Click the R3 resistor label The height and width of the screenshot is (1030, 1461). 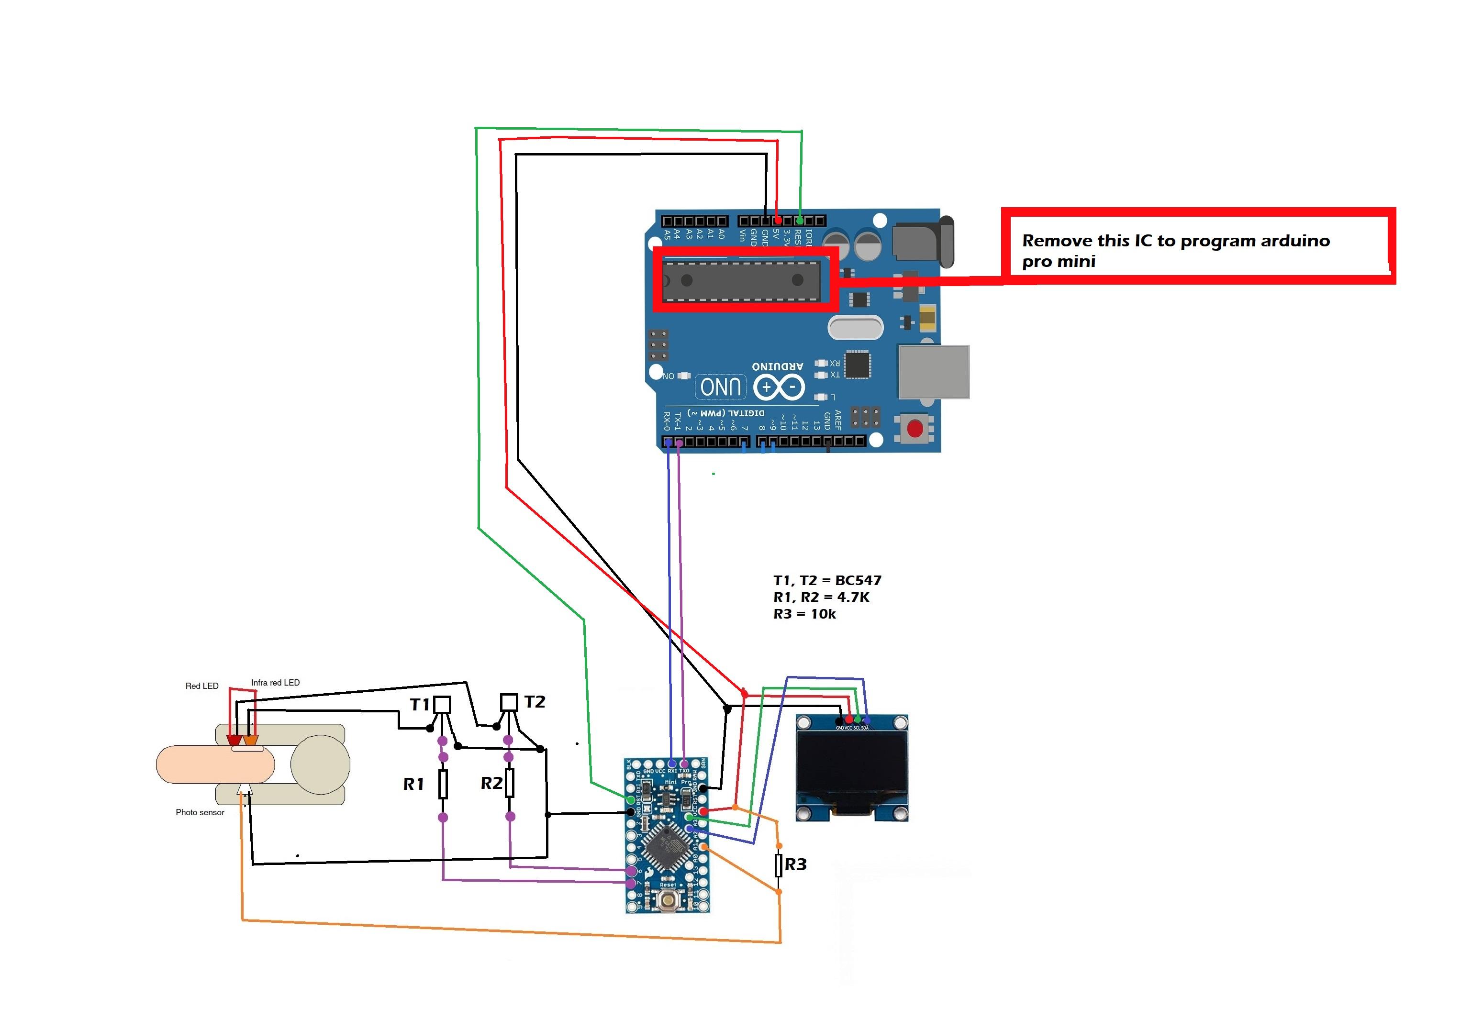pos(795,864)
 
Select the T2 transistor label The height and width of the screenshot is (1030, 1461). pos(535,702)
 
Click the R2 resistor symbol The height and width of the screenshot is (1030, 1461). pos(510,783)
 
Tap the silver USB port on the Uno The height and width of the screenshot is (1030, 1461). pos(934,372)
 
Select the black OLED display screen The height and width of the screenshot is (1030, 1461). pos(851,768)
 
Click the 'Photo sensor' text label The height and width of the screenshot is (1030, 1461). pos(200,812)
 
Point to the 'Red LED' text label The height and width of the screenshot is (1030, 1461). pos(202,686)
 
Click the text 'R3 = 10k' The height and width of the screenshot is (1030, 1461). pos(804,614)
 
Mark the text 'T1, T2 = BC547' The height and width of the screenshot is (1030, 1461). pos(827,580)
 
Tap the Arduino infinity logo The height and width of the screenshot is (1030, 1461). pos(779,387)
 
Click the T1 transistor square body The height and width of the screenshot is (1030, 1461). pos(442,704)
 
